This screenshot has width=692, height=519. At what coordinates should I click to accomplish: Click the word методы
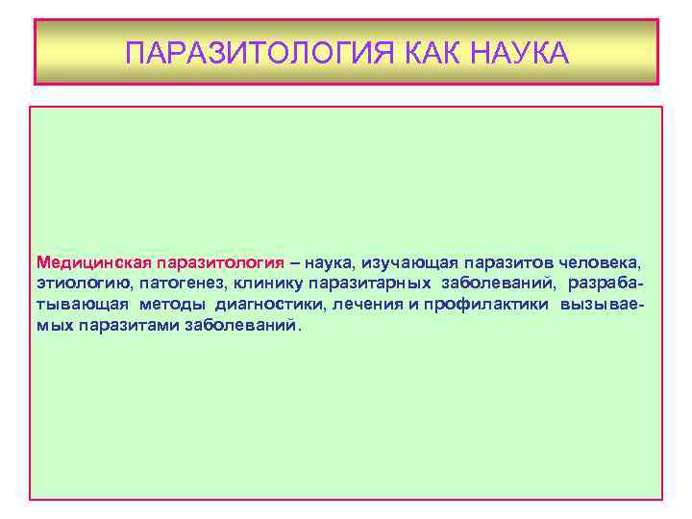coord(172,305)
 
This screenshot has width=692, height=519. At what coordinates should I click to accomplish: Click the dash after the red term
coord(295,262)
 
